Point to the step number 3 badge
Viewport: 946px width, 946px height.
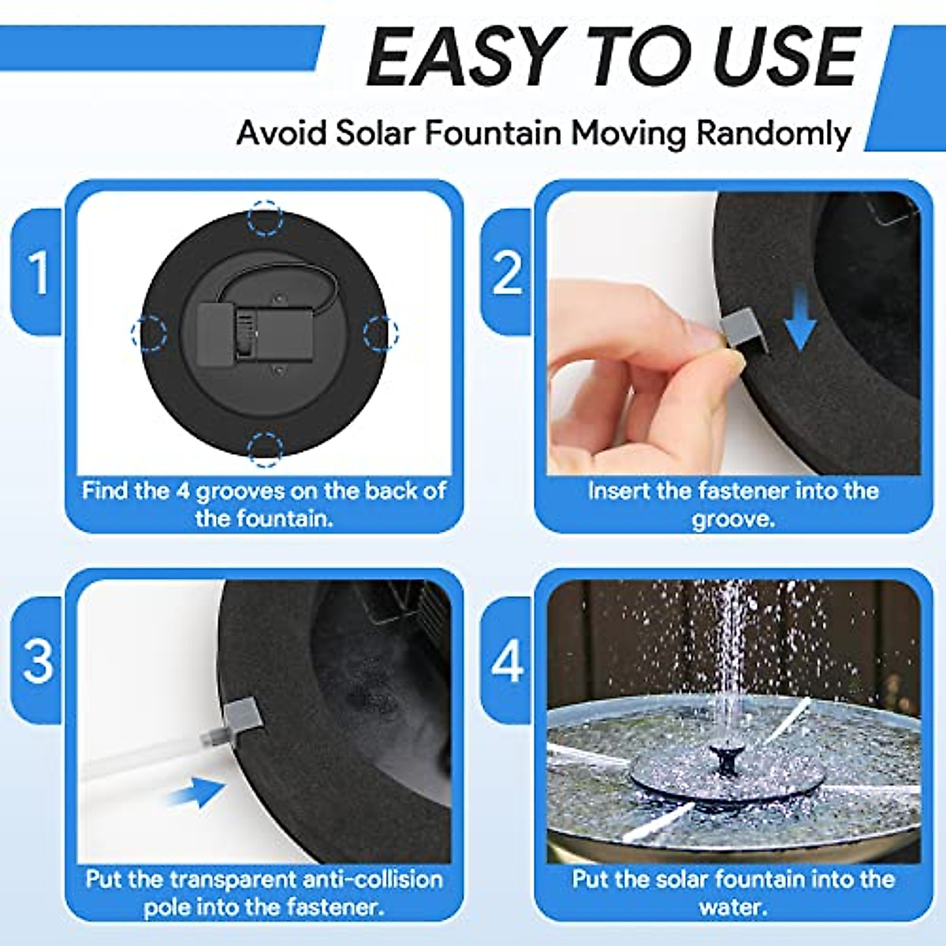coord(38,661)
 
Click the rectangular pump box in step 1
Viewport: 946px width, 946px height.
coord(255,333)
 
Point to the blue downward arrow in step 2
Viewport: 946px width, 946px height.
coord(800,319)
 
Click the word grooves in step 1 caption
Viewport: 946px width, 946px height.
coord(241,491)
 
